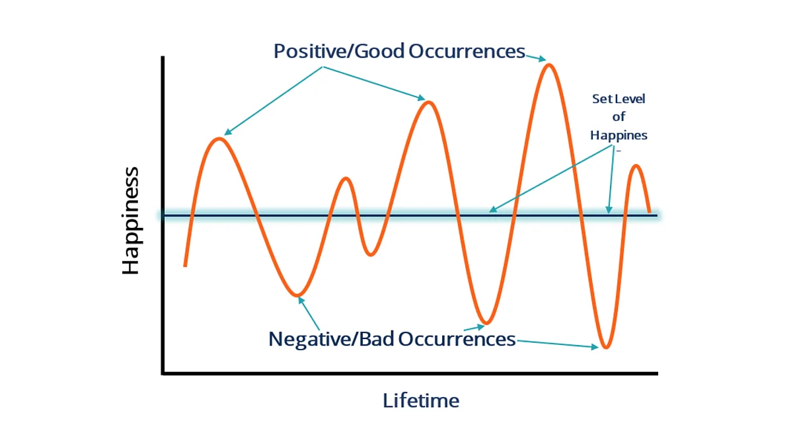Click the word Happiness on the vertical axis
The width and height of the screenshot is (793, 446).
[131, 220]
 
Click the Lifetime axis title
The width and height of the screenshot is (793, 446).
[421, 400]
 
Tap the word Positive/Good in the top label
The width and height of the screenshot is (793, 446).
[339, 52]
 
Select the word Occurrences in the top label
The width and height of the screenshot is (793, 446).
[467, 52]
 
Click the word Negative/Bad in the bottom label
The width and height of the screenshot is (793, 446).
[331, 339]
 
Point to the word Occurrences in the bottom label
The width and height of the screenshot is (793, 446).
[457, 339]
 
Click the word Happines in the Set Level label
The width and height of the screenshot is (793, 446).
[619, 135]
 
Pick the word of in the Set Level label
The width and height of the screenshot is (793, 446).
[619, 116]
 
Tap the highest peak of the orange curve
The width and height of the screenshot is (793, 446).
[548, 65]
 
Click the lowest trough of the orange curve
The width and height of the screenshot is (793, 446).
[606, 348]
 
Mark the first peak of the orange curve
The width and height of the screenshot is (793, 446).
[219, 139]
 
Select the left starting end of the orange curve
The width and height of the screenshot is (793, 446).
[185, 266]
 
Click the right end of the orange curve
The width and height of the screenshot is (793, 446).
[649, 211]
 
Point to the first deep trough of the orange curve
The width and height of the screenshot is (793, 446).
[297, 295]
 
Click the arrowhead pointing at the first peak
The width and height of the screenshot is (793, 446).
[227, 132]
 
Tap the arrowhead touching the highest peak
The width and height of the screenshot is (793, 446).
[542, 59]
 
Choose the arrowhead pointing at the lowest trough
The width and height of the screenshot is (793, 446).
[595, 347]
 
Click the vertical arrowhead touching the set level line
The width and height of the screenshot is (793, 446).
[609, 209]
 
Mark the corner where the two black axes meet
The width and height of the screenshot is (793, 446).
[163, 373]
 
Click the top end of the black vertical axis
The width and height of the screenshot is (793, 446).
[163, 57]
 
